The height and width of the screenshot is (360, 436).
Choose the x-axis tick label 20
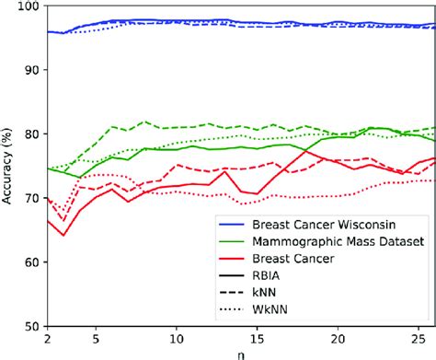click(x=339, y=339)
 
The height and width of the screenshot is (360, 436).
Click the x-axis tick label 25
click(x=419, y=339)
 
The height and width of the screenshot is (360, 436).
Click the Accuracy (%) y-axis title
click(x=8, y=166)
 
